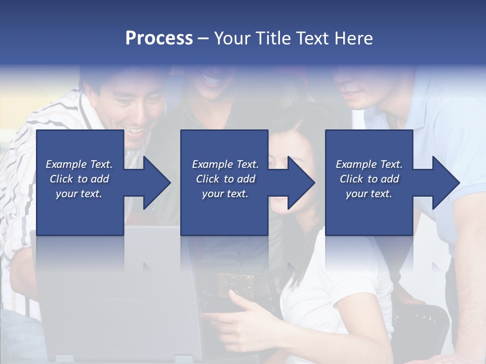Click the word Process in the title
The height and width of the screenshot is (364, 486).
[x=159, y=38]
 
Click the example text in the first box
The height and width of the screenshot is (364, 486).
[x=79, y=179]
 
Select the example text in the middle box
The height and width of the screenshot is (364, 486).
[x=225, y=179]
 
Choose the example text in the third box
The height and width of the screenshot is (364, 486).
[x=369, y=179]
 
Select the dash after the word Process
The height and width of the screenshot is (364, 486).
[x=203, y=39]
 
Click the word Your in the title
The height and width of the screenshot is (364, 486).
[x=231, y=38]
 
